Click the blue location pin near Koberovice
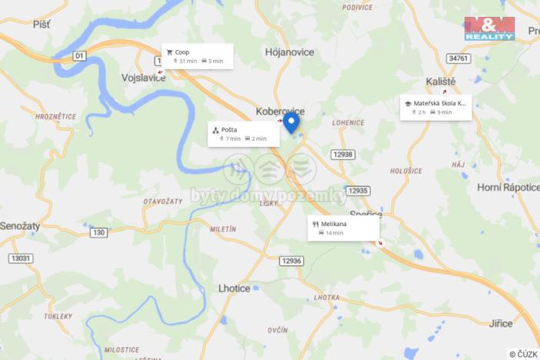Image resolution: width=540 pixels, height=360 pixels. coord(292,122)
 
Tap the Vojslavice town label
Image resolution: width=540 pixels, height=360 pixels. coord(144,78)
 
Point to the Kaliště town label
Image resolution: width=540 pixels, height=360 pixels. coord(441,81)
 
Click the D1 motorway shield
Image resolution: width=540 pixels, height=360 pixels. coord(79,55)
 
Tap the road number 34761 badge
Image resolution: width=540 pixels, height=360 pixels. coord(458,58)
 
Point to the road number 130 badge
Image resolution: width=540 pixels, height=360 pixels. coord(98,232)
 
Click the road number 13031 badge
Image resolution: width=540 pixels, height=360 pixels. coord(22,258)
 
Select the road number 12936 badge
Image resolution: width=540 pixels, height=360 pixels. coord(292,261)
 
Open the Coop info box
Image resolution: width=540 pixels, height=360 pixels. coord(198,56)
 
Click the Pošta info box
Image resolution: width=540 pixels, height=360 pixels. coord(242,134)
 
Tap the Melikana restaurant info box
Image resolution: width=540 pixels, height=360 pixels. coord(344,228)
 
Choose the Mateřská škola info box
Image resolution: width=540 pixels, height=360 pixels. coord(435,107)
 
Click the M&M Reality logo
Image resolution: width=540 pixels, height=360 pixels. coord(490,28)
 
